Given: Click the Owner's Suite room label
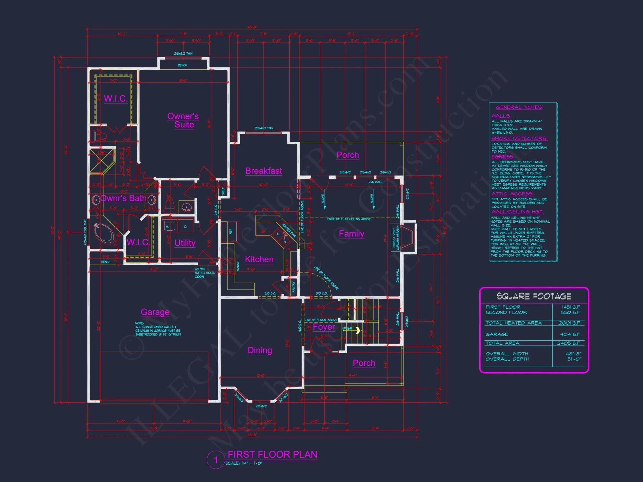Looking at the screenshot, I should point(183,121).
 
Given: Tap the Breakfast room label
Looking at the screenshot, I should point(264,171).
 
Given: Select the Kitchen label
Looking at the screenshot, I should point(259,259).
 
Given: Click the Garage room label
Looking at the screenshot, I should point(155,312).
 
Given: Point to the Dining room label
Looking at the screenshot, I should point(260,350).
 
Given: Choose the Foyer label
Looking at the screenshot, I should point(324,327).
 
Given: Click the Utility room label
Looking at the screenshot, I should point(185,243).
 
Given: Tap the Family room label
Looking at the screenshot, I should point(351,234).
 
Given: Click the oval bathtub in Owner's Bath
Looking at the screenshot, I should point(104,233).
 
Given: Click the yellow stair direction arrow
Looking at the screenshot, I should point(358,330).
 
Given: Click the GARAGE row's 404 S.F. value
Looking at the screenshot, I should point(571,335).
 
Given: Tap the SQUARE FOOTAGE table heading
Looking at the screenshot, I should point(534,296).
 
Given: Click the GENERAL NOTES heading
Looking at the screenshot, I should point(519,107).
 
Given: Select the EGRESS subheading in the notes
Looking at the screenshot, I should point(503,157).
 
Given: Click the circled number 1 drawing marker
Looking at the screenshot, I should point(216,460).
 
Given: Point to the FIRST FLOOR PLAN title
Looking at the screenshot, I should point(272,454).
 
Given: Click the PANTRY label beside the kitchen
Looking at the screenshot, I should point(294,287).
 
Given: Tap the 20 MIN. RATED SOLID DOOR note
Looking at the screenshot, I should point(204,273).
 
